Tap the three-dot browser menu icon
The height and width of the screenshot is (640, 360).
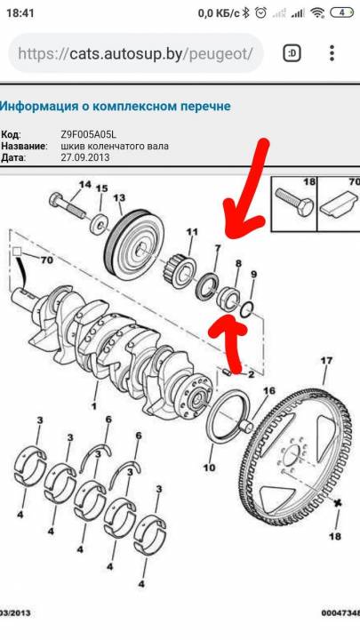coord(332,53)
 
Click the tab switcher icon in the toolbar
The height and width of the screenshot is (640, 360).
coord(292,53)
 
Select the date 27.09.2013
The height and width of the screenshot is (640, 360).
coord(85,157)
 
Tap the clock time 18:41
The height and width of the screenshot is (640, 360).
coord(20,12)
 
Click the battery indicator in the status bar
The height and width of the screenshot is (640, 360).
coord(342,12)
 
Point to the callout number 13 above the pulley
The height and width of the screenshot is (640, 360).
coord(119,198)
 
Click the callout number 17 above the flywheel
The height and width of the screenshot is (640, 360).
coord(326,360)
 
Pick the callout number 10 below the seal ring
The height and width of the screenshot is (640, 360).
coord(209,468)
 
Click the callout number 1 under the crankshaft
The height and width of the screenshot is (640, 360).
coord(93,405)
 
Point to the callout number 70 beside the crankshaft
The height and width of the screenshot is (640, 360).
coord(47,260)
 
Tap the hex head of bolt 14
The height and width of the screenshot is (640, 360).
coord(55,200)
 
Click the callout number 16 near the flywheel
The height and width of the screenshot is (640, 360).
coord(269,391)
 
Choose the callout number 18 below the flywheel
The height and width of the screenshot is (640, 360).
coord(334,536)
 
